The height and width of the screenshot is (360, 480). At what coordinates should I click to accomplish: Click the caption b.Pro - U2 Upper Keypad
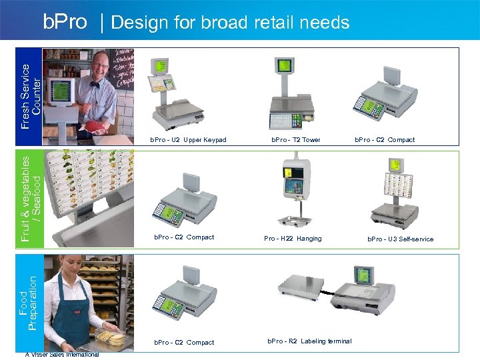click(188, 140)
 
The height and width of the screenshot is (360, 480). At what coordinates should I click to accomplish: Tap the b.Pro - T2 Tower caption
click(295, 140)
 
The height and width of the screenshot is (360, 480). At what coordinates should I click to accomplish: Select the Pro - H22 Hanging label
click(293, 239)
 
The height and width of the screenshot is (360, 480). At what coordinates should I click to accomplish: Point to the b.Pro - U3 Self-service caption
click(400, 239)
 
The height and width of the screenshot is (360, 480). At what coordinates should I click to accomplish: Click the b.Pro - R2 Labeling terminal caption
click(309, 341)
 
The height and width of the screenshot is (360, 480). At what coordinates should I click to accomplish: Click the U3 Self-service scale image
click(394, 193)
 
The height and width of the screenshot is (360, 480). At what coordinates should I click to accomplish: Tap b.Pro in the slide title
click(65, 22)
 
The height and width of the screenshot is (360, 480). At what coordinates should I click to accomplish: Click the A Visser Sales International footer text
click(61, 355)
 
